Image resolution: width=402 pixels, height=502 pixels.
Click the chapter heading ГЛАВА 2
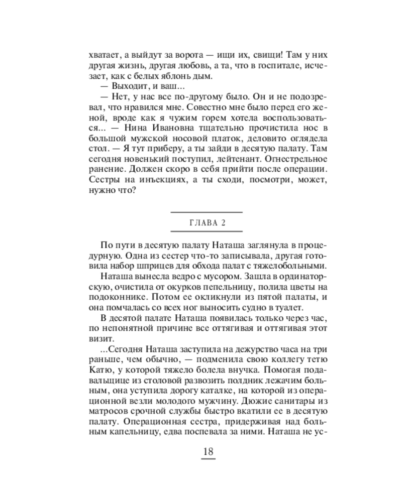coord(207,223)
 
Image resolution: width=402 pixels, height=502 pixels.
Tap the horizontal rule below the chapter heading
coord(207,231)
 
